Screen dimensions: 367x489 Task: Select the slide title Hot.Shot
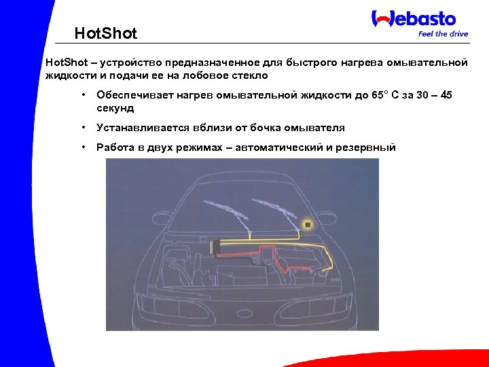click(x=105, y=33)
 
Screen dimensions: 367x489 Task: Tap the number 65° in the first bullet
click(x=379, y=95)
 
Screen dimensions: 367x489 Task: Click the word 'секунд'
click(x=115, y=107)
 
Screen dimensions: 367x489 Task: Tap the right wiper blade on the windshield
click(x=275, y=211)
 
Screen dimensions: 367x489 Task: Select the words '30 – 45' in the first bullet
click(x=432, y=95)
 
